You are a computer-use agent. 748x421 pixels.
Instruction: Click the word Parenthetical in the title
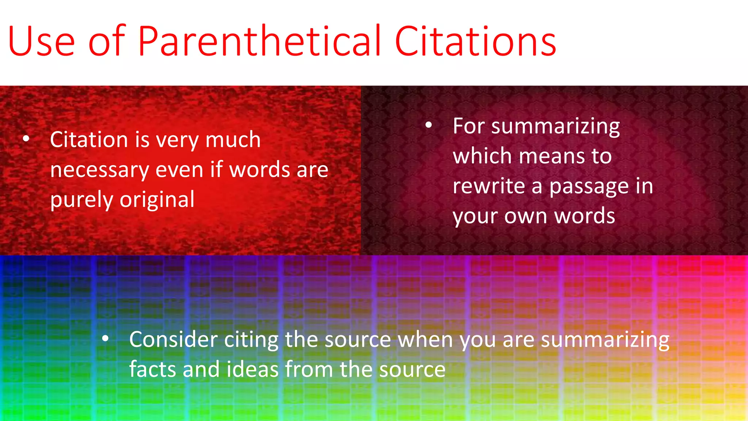pyautogui.click(x=259, y=41)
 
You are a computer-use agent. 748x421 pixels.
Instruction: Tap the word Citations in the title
pyautogui.click(x=475, y=41)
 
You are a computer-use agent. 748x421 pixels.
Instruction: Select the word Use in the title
pyautogui.click(x=41, y=41)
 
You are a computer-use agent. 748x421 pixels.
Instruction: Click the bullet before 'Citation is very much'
pyautogui.click(x=26, y=139)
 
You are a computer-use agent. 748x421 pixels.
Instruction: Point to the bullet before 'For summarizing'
pyautogui.click(x=429, y=125)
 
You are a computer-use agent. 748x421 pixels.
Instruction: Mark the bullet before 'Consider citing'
pyautogui.click(x=106, y=339)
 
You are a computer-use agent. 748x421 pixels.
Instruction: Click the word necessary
pyautogui.click(x=100, y=170)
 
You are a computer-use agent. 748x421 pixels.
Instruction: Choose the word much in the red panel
pyautogui.click(x=233, y=140)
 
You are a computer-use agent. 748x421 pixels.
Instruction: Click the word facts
pyautogui.click(x=153, y=369)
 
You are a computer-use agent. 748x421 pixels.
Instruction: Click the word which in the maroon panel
pyautogui.click(x=482, y=156)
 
